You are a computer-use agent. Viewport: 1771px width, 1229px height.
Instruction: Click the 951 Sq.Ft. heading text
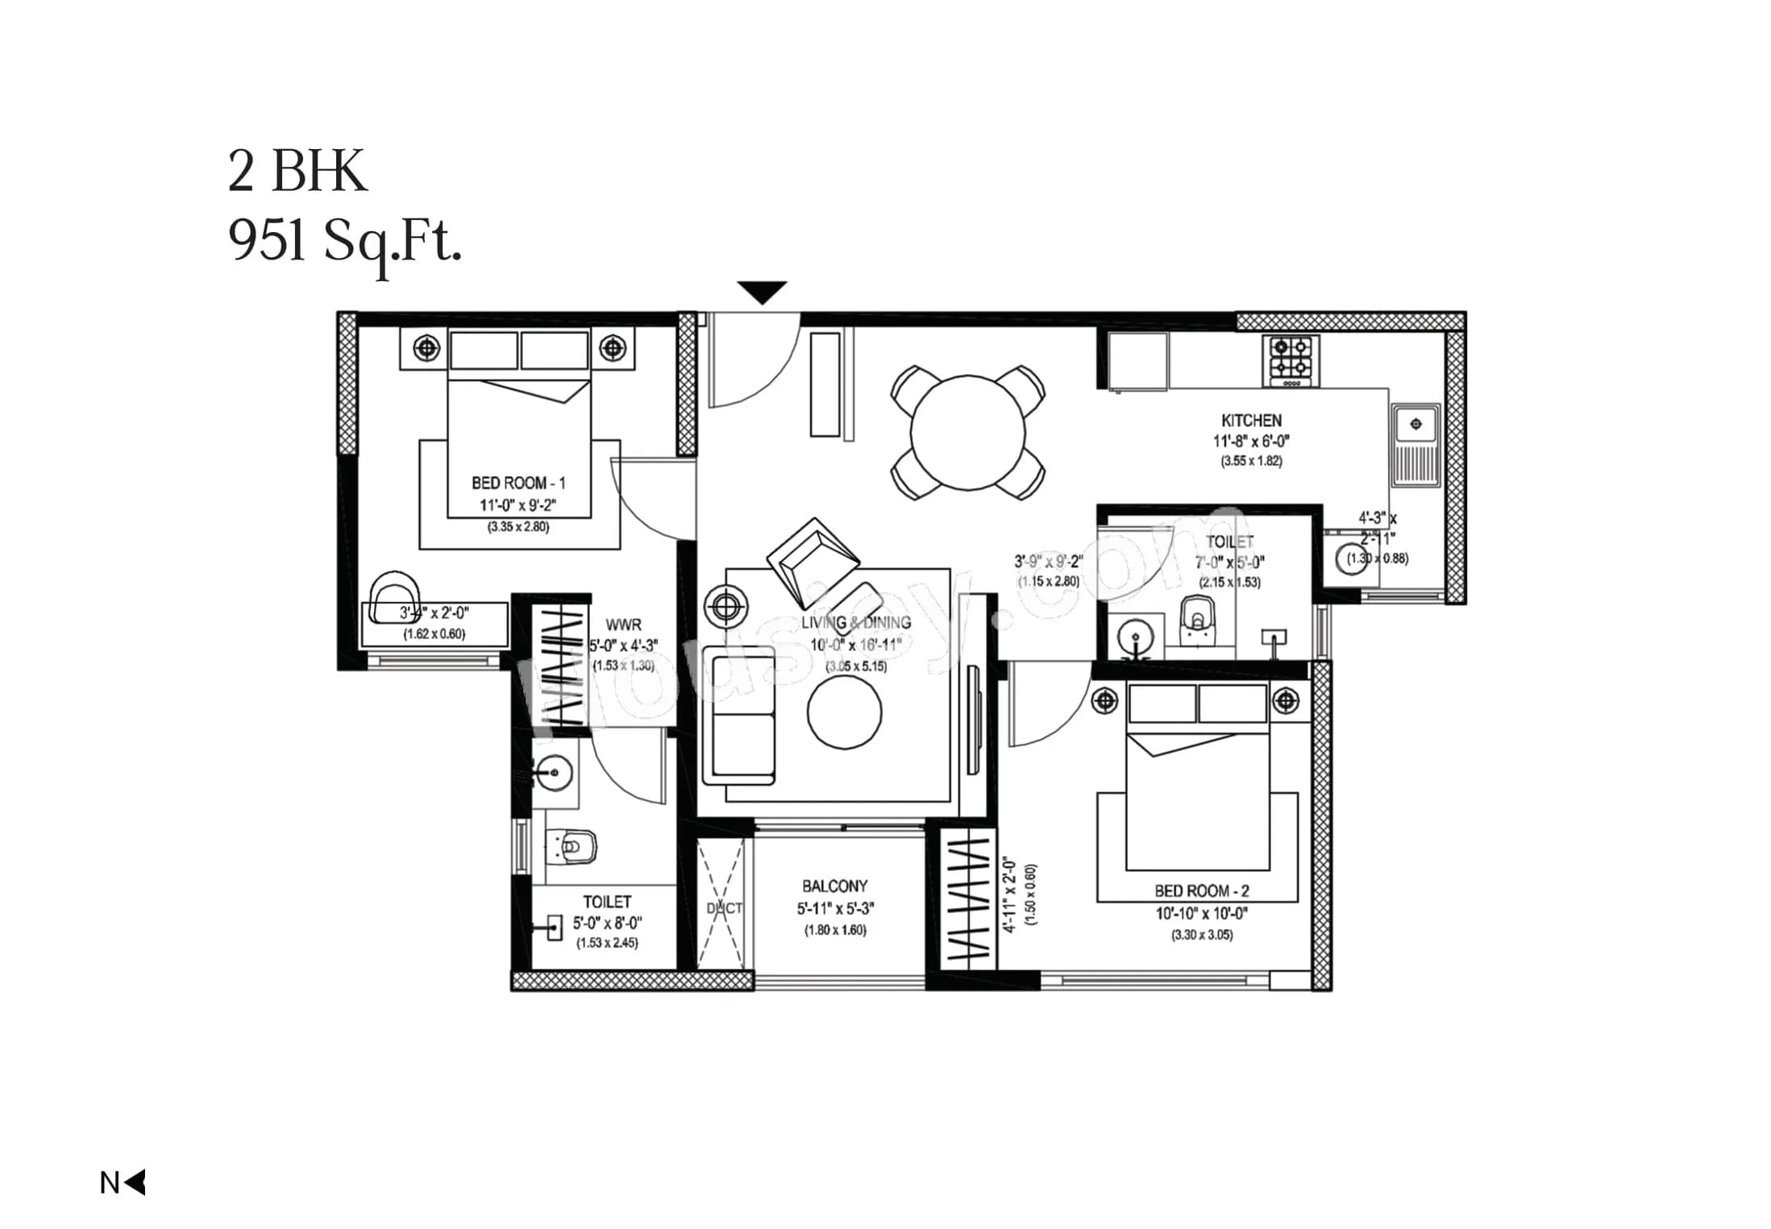point(345,241)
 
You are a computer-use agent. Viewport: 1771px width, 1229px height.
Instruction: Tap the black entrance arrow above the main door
point(761,291)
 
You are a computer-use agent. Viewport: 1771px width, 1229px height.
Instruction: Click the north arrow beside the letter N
point(136,1182)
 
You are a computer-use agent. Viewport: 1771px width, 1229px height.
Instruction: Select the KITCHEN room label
point(1250,421)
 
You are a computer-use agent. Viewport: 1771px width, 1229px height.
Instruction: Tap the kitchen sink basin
point(1415,424)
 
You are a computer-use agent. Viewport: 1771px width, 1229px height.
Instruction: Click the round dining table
point(967,433)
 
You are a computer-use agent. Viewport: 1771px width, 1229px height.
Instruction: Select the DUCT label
point(723,908)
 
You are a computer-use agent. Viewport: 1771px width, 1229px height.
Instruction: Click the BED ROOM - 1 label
point(518,483)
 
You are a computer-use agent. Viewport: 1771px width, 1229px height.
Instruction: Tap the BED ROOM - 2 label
point(1201,891)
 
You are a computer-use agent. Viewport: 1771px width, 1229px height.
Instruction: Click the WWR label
point(623,625)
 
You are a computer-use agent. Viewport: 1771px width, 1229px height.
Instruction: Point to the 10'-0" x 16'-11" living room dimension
point(855,645)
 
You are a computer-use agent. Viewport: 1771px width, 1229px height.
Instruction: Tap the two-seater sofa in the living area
point(738,715)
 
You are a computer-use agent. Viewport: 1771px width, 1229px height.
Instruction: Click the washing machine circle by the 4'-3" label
point(1351,558)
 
